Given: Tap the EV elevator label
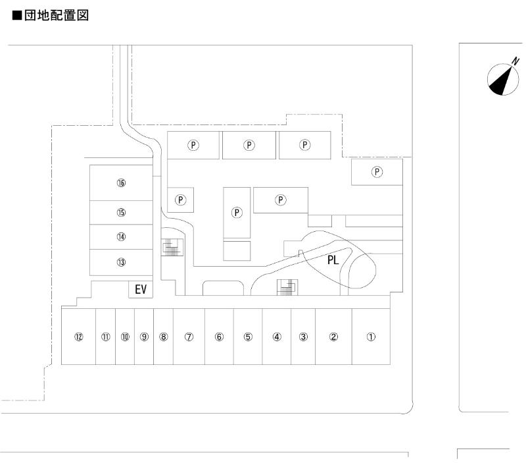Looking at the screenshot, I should click(139, 289).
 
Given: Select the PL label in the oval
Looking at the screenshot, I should click(333, 259).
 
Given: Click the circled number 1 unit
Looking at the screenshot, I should click(371, 337).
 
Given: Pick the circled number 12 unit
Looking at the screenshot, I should click(79, 337).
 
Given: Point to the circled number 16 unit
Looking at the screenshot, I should click(121, 183).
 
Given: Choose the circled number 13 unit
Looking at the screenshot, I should click(121, 262).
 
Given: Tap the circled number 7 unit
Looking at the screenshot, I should click(189, 337).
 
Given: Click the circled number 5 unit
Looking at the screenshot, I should click(248, 337).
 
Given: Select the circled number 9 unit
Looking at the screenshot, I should click(145, 337).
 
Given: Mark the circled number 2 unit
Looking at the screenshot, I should click(333, 337).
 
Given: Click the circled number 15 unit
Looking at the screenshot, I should click(121, 212).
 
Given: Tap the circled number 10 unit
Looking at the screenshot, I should click(126, 337).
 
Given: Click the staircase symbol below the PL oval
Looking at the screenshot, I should click(287, 286).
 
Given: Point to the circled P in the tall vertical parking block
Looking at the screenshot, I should click(237, 212).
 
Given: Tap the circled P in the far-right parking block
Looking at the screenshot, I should click(377, 172).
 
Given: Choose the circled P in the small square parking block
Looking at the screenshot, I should click(181, 199).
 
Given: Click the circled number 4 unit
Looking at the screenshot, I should click(277, 337).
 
